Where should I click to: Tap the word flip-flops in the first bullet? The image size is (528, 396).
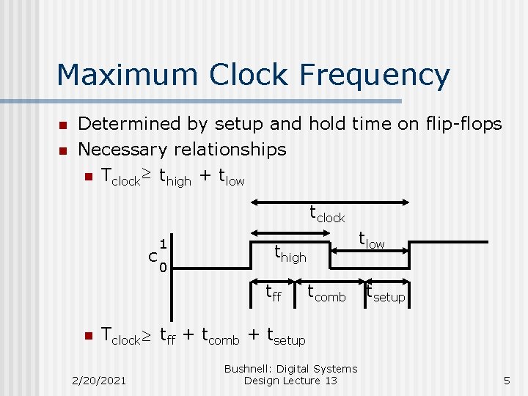pyautogui.click(x=460, y=123)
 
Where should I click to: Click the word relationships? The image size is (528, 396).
pyautogui.click(x=229, y=150)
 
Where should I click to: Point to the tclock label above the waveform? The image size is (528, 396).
pyautogui.click(x=326, y=215)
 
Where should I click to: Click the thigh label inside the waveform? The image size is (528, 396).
pyautogui.click(x=290, y=254)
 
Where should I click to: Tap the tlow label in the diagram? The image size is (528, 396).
pyautogui.click(x=371, y=240)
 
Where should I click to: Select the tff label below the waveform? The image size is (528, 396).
pyautogui.click(x=274, y=294)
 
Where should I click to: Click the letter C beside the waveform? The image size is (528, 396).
pyautogui.click(x=153, y=257)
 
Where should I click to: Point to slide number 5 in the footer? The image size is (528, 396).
pyautogui.click(x=506, y=380)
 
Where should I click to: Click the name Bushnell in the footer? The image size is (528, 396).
pyautogui.click(x=249, y=369)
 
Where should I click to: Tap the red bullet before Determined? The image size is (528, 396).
pyautogui.click(x=63, y=124)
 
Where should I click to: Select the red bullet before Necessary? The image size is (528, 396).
pyautogui.click(x=63, y=150)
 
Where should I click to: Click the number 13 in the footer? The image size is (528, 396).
pyautogui.click(x=330, y=381)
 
